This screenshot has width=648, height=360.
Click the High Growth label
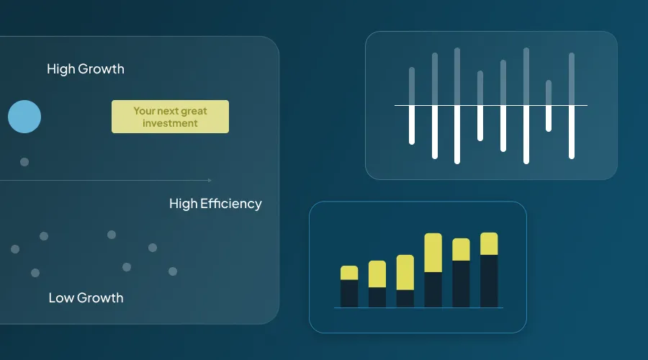point(85,69)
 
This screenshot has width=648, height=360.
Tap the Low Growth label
point(86,297)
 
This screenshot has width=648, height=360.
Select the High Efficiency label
point(215,204)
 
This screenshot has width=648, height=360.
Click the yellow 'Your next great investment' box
point(170,117)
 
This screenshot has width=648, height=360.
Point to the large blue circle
point(24,117)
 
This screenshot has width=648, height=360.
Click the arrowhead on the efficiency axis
point(210,180)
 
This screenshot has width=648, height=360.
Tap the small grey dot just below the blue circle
point(24,162)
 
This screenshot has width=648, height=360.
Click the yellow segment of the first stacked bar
point(349,273)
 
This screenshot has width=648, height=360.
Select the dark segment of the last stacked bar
point(489,281)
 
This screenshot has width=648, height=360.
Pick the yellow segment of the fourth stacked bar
point(433,253)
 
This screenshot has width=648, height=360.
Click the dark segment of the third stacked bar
point(405,299)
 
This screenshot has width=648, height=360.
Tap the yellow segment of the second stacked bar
point(377,274)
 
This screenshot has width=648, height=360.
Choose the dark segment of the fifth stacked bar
point(461,284)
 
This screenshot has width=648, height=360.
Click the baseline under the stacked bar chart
point(418,308)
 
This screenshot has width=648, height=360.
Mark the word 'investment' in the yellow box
point(170,123)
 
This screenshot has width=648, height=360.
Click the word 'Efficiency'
point(233,204)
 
